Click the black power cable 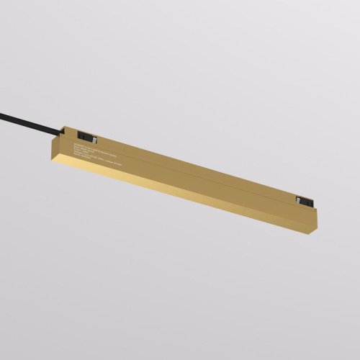(x=29, y=120)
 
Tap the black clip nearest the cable (x=88, y=135)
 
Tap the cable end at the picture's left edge (x=2, y=112)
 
